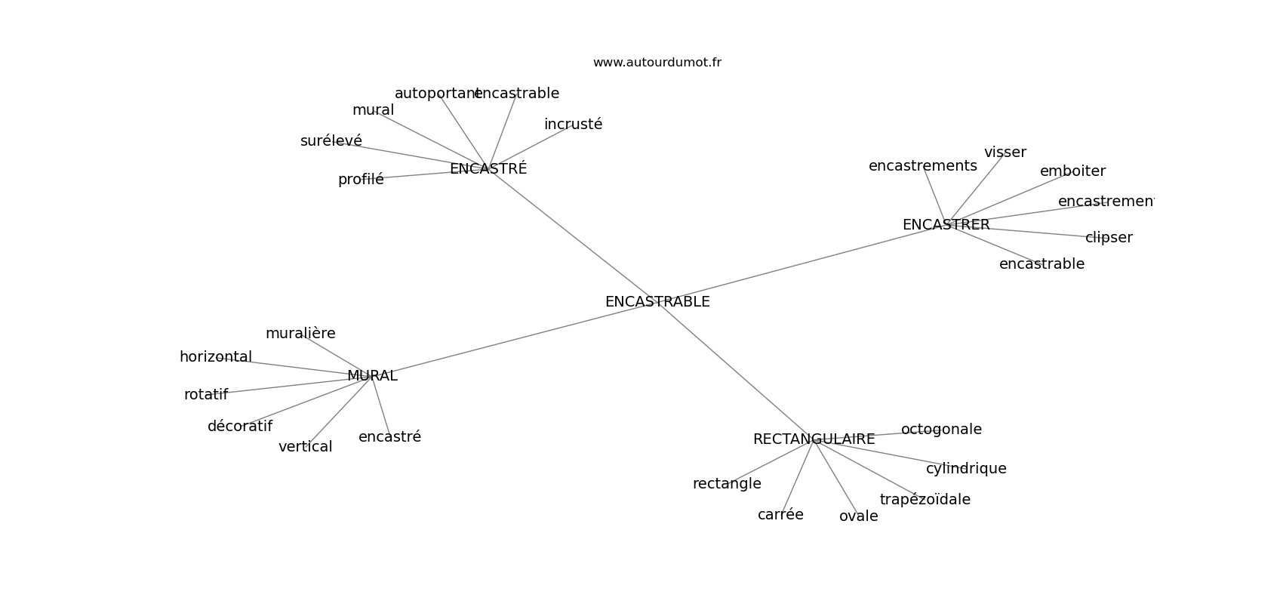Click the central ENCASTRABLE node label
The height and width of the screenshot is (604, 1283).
tap(657, 302)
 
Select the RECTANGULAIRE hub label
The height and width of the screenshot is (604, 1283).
tap(814, 439)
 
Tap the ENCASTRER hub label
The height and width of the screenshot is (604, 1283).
tap(946, 225)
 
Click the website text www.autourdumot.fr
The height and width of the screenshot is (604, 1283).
tap(657, 63)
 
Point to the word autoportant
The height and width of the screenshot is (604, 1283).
tap(436, 94)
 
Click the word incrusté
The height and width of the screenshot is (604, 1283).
tap(573, 125)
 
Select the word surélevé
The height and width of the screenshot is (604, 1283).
tap(331, 141)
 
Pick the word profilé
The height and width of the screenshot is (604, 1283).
tap(361, 180)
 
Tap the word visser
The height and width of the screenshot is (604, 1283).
tap(1005, 153)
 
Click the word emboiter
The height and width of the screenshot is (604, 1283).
tap(1072, 171)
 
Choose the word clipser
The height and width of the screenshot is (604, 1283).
tap(1109, 238)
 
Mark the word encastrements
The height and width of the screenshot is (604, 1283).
tap(922, 166)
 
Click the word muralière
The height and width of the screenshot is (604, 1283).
tap(300, 334)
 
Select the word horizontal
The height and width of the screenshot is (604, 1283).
tap(215, 357)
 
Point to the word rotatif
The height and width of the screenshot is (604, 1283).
tap(205, 395)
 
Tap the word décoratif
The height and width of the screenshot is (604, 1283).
tap(239, 427)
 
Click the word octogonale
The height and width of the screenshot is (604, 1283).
tap(941, 430)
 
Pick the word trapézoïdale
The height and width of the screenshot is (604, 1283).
tap(925, 500)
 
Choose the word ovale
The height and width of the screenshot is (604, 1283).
tap(858, 516)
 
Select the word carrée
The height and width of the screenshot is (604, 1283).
tap(780, 515)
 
